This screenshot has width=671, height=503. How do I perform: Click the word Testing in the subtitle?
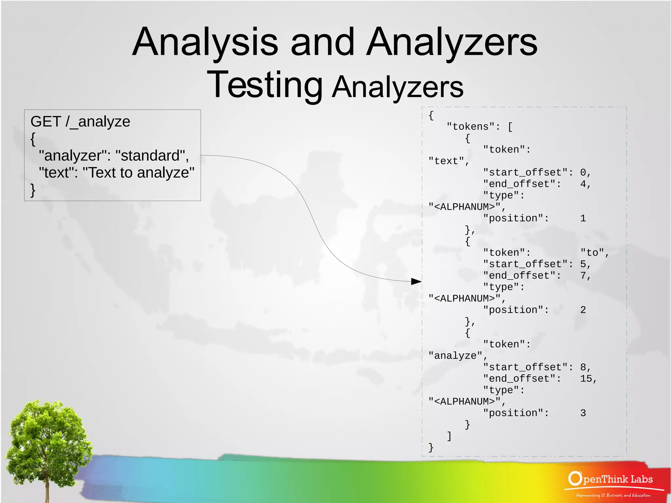265,85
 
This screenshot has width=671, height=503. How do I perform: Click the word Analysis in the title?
205,42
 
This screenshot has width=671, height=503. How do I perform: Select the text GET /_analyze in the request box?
80,122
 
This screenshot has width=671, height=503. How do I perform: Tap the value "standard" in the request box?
152,156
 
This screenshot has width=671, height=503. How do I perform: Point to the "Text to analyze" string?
138,173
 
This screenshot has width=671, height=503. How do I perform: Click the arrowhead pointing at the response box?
416,281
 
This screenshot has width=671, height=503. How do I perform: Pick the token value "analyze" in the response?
455,356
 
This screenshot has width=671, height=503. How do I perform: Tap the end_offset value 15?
586,378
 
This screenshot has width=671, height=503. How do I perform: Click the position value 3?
583,413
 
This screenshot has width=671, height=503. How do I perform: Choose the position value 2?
583,310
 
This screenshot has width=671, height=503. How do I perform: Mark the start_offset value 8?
583,367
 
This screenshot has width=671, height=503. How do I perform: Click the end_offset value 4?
583,184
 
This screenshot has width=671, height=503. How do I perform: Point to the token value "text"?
446,161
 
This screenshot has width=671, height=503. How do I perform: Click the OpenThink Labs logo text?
611,479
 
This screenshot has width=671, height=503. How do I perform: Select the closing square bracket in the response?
449,436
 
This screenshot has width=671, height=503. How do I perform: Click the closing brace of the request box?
33,190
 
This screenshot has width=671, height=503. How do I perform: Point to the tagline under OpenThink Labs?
613,495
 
